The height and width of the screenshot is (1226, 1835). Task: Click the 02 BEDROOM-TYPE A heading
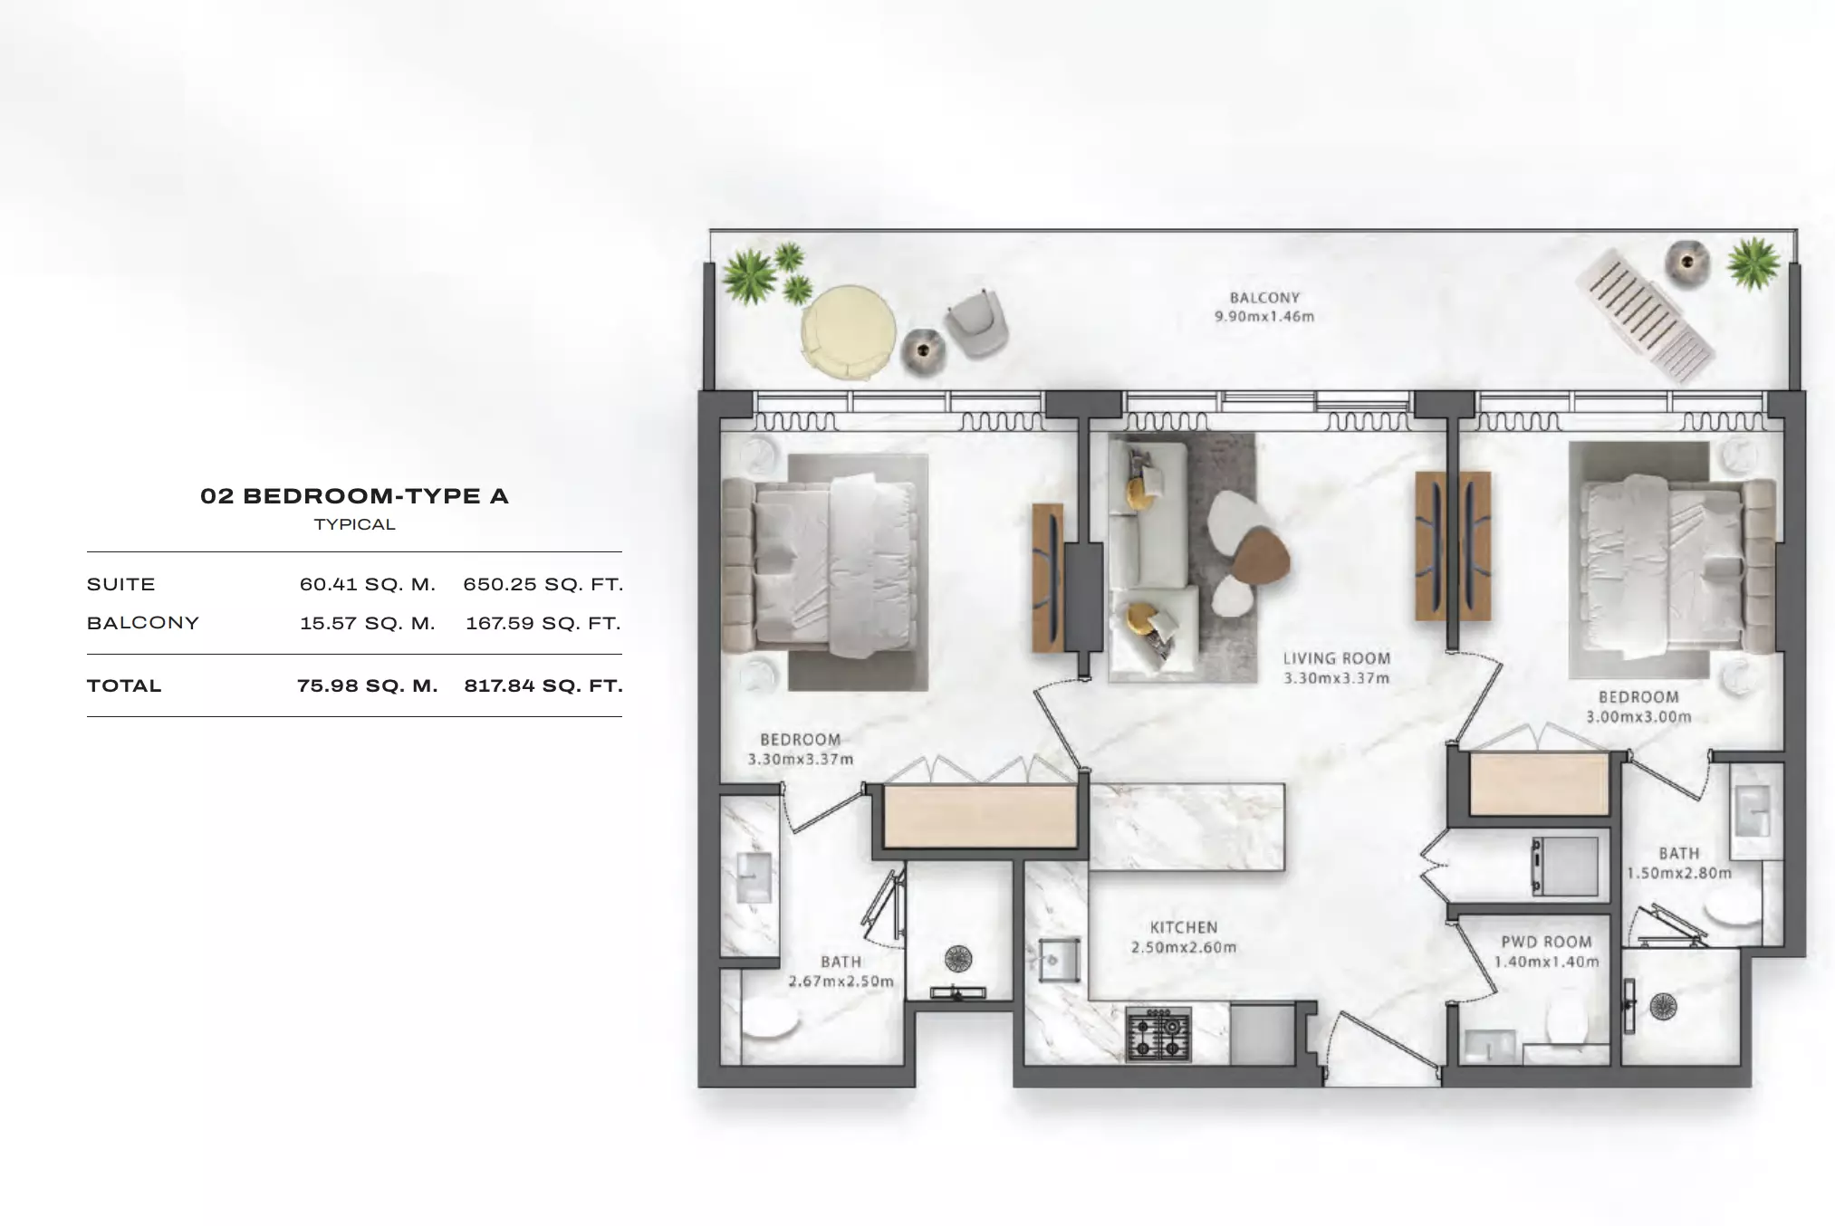354,496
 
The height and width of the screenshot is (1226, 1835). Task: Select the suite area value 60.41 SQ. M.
368,585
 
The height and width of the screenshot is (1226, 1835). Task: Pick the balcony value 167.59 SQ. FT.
543,624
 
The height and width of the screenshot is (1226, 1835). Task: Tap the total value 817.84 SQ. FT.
543,686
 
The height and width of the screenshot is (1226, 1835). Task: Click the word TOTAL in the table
124,686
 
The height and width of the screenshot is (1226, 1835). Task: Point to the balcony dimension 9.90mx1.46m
1264,317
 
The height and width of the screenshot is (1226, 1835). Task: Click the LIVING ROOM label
1337,658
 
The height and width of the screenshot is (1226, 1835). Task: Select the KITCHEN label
1184,927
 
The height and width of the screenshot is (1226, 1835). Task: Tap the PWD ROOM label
1546,942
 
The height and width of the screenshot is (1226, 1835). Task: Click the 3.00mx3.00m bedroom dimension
1638,717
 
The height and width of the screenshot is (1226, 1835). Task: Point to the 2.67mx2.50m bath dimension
841,982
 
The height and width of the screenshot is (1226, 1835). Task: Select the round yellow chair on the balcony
849,332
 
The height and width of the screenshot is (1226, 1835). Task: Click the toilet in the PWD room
1567,1024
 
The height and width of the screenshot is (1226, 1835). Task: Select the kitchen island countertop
1187,827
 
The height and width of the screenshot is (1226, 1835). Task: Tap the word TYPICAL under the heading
355,525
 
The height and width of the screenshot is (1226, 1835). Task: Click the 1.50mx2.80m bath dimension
1679,874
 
